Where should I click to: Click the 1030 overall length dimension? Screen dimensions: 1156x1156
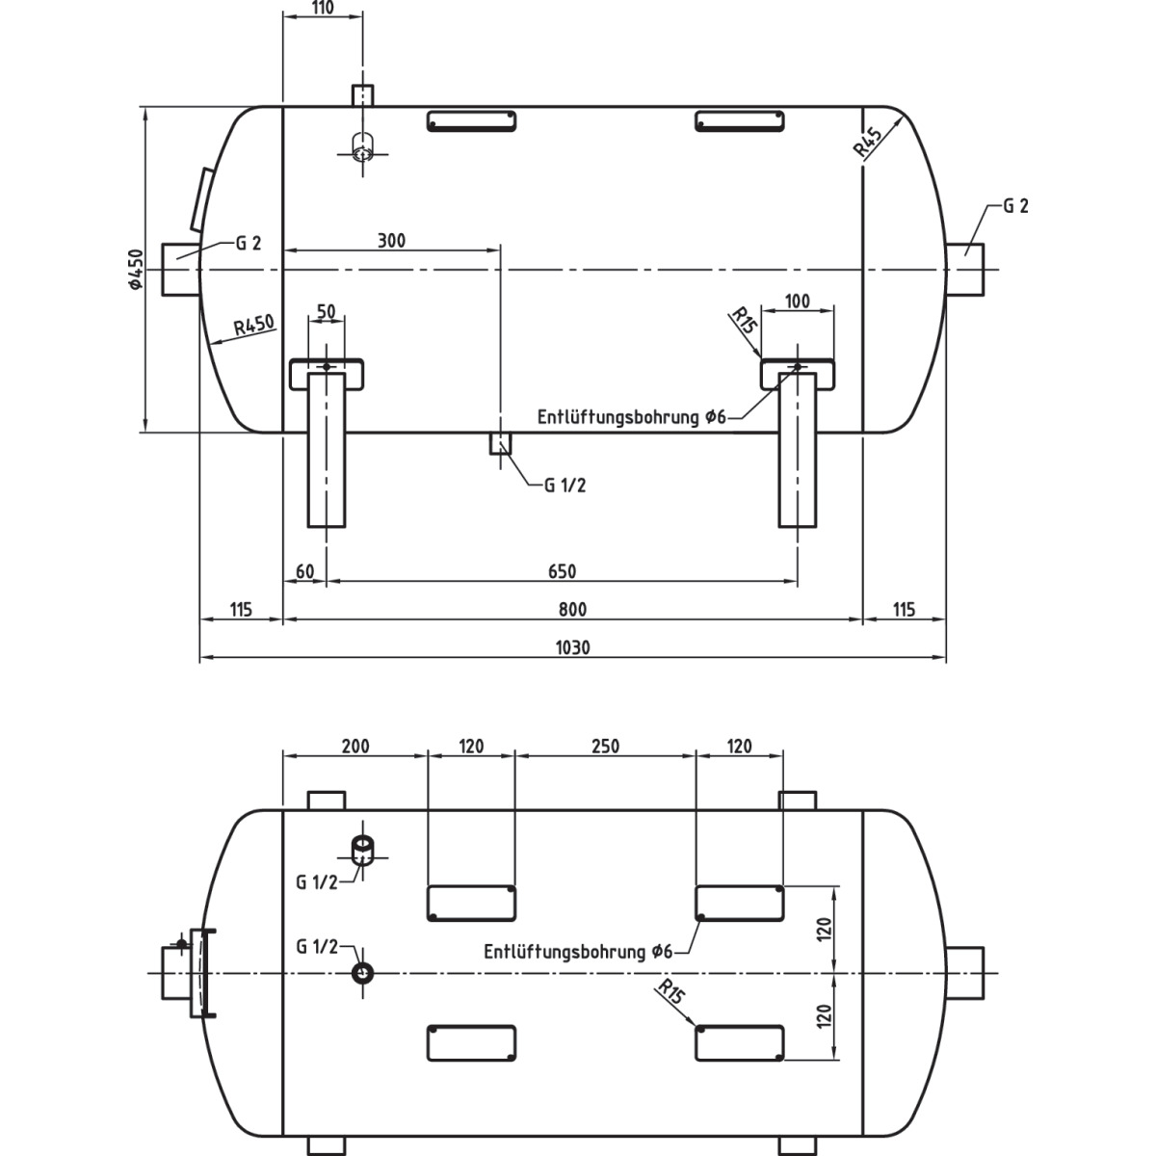572,647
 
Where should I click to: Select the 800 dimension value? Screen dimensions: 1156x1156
572,609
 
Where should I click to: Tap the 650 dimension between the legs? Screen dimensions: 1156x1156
562,571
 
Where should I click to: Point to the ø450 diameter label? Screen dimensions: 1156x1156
135,270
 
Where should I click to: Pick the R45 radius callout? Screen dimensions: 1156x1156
868,142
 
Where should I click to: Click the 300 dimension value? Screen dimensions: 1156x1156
390,240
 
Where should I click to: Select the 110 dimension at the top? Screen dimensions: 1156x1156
323,8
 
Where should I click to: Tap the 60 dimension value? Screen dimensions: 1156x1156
304,571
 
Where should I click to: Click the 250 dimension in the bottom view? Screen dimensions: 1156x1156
605,746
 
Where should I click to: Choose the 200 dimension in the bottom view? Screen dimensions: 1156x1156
355,746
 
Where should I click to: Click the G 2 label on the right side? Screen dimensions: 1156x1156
1015,206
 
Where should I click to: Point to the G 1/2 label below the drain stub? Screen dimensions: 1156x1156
565,486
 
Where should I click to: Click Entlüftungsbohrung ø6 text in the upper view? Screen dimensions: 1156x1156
630,418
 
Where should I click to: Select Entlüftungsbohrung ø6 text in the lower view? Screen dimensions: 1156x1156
578,952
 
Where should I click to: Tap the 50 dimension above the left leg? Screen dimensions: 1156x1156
326,312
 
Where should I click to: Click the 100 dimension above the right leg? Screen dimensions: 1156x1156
798,302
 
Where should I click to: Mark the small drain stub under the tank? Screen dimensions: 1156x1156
501,443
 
